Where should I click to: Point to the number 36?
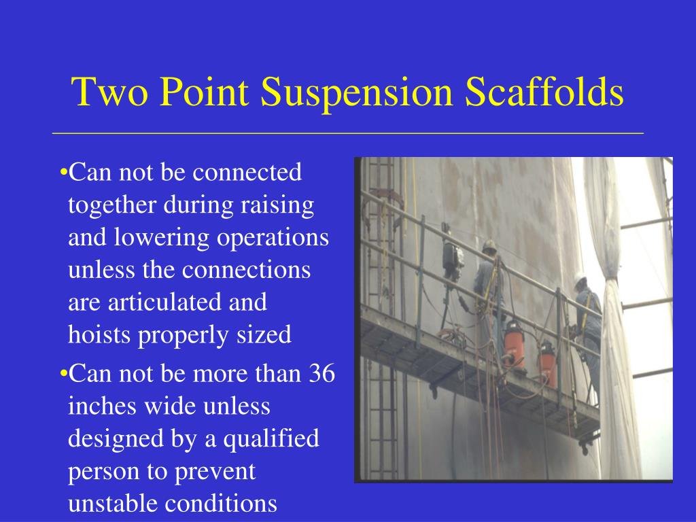tap(321, 373)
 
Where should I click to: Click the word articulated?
tap(165, 302)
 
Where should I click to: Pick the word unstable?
tap(113, 504)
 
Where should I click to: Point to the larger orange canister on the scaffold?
tap(514, 345)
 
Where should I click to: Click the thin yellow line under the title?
tap(348, 133)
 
